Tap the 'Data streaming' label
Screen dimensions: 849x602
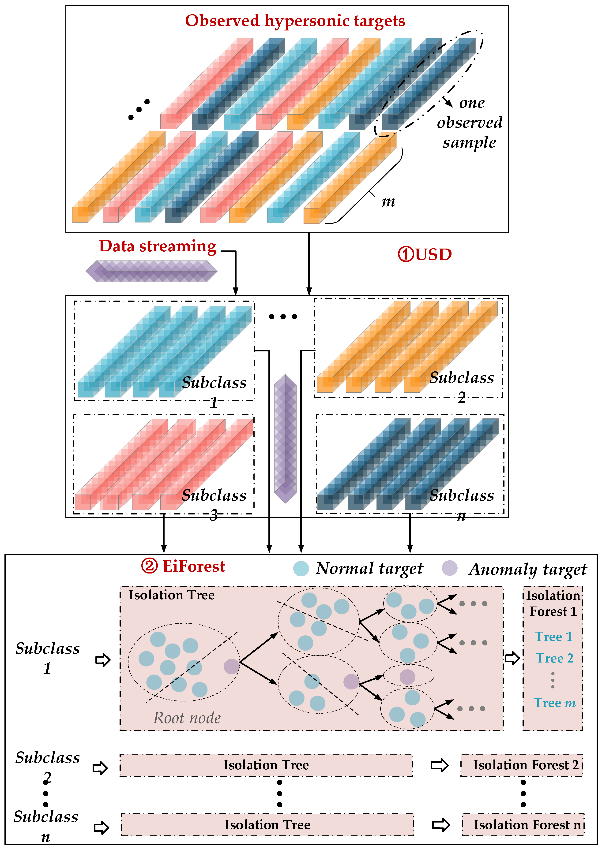pyautogui.click(x=158, y=246)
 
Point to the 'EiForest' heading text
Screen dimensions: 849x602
pyautogui.click(x=193, y=566)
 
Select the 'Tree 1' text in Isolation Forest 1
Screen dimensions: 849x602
pyautogui.click(x=553, y=636)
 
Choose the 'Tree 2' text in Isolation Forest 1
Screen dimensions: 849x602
pyautogui.click(x=554, y=658)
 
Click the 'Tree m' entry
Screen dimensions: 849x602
pyautogui.click(x=554, y=703)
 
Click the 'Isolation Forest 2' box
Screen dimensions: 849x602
pyautogui.click(x=522, y=765)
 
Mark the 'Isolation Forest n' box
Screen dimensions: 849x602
pyautogui.click(x=523, y=825)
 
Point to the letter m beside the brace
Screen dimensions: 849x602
pyautogui.click(x=388, y=202)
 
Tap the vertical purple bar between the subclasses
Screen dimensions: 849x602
pyautogui.click(x=285, y=438)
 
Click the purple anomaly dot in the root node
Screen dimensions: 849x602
pyautogui.click(x=232, y=666)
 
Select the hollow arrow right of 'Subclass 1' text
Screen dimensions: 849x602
pyautogui.click(x=103, y=660)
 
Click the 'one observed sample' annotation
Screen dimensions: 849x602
pyautogui.click(x=470, y=123)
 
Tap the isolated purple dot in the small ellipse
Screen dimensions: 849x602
pyautogui.click(x=407, y=677)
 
